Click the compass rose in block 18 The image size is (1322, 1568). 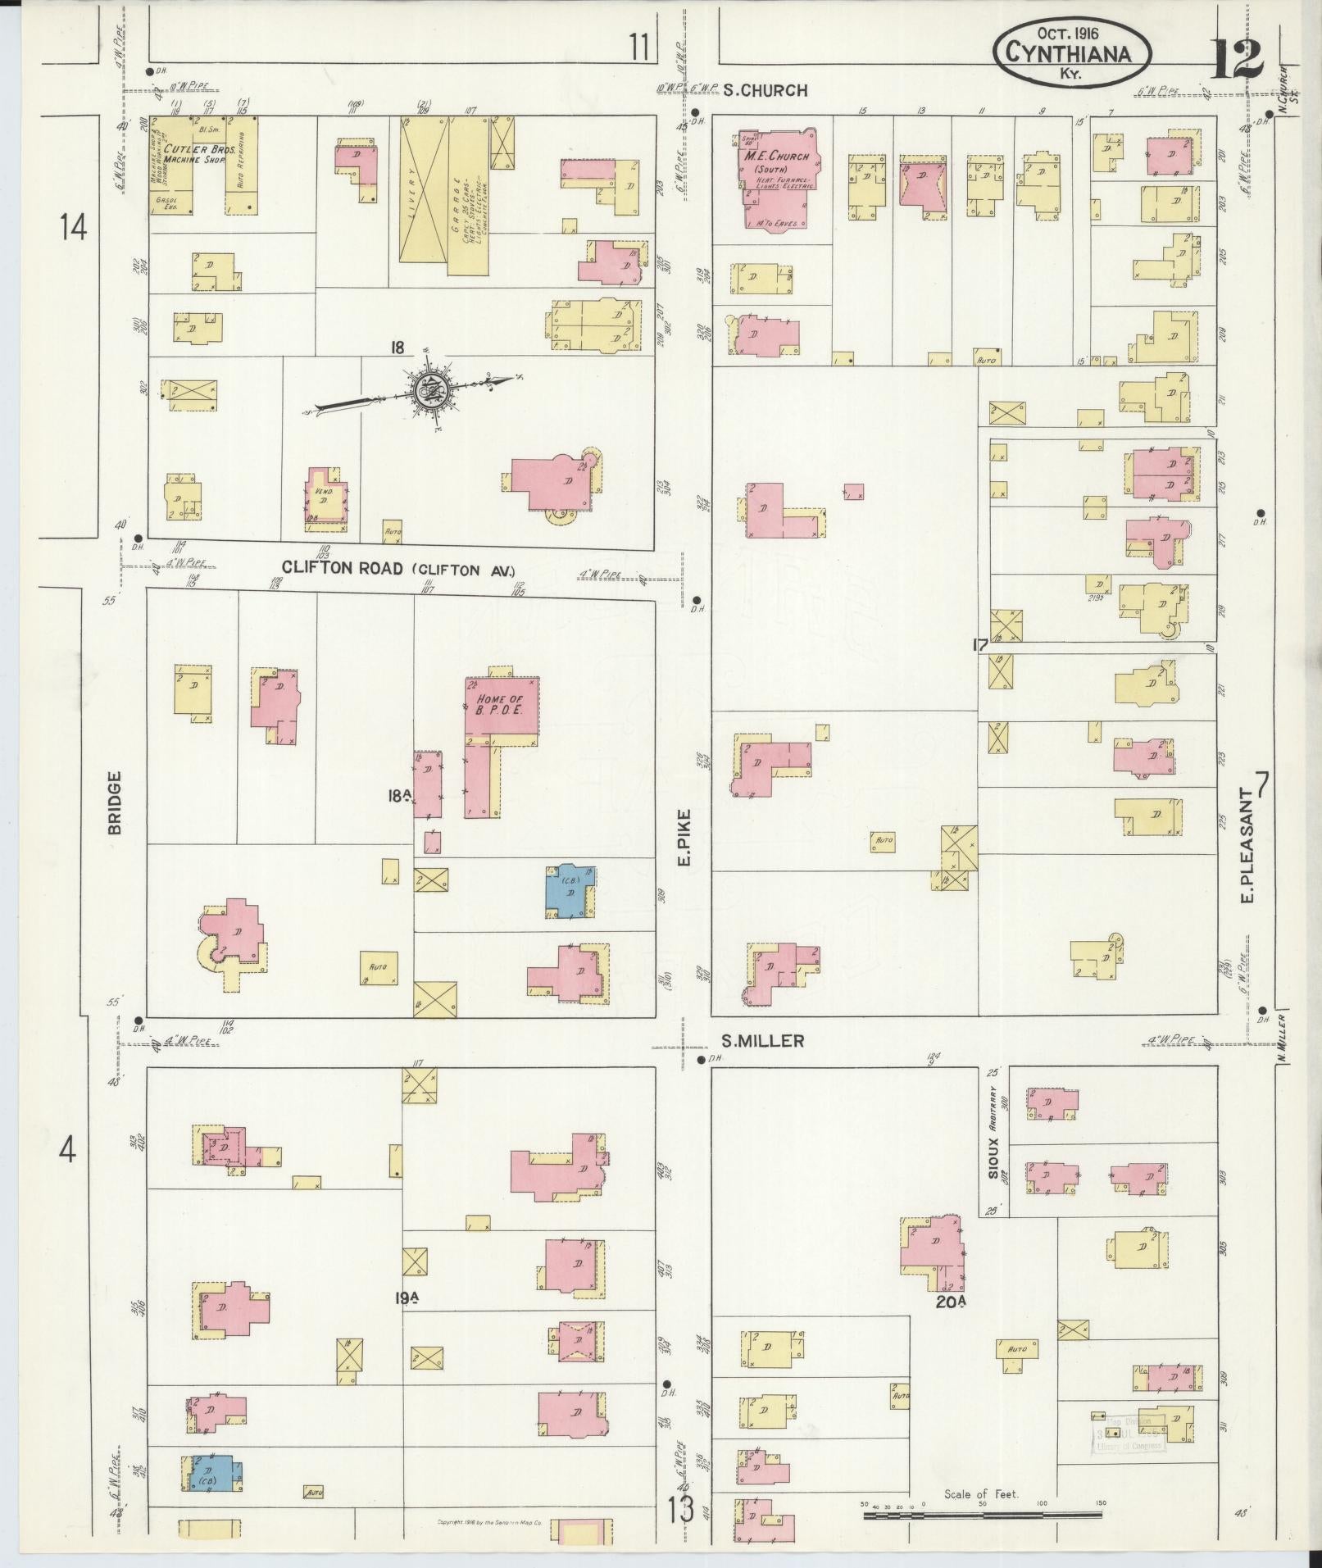pos(429,390)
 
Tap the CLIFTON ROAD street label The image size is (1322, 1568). pos(343,568)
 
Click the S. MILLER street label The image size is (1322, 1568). pos(762,1041)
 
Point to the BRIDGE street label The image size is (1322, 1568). pos(114,802)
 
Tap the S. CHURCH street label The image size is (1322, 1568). pos(765,91)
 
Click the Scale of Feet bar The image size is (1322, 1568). pos(982,1516)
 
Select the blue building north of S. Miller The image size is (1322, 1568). pos(570,889)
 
